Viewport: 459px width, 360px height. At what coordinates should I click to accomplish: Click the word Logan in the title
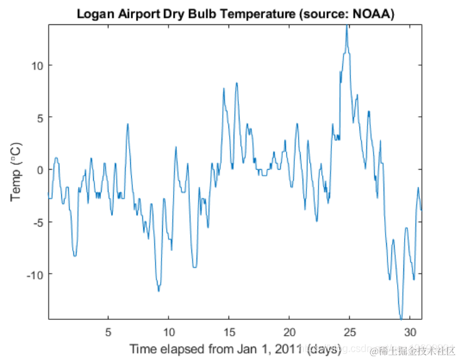coord(95,13)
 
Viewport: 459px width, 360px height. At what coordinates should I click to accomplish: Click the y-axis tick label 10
coord(36,65)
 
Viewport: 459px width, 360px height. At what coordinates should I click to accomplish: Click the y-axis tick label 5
coord(39,117)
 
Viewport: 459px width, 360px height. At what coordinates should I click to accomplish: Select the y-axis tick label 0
coord(39,170)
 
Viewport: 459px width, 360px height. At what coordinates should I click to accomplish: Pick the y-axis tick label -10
coord(34,274)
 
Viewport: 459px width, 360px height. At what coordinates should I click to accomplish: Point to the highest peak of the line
coord(347,26)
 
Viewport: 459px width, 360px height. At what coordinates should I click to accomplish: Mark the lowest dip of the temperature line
coord(401,317)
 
